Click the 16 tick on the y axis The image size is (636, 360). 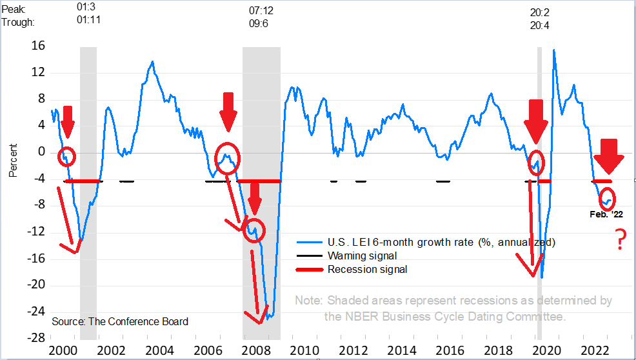[38, 46]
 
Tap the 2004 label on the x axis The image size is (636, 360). [158, 350]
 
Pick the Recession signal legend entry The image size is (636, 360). [368, 269]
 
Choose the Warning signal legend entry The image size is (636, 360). [363, 255]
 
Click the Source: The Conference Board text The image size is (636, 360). [120, 321]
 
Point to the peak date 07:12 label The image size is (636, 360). [261, 10]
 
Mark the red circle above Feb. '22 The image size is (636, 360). [607, 197]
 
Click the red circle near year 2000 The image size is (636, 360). [66, 155]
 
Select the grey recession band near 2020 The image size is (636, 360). [539, 194]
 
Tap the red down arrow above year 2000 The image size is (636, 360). [67, 117]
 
